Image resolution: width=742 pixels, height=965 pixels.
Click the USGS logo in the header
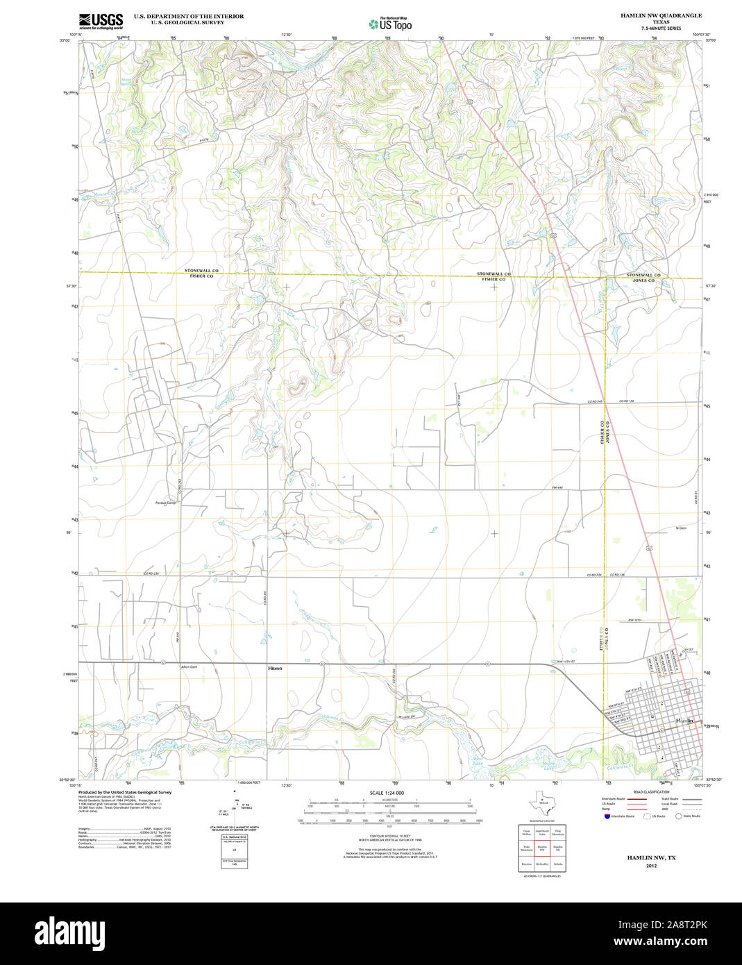pos(101,20)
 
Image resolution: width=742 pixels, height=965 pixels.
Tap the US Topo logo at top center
pos(390,24)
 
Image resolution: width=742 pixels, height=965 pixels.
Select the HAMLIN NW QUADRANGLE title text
pos(651,15)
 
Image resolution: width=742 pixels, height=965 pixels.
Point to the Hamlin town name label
pos(684,721)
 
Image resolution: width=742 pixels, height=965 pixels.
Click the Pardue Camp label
pos(165,503)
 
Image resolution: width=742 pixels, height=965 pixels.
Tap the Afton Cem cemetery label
pos(189,667)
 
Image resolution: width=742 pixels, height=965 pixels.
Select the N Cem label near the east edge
pos(681,529)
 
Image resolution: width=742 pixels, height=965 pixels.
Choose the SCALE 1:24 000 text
pos(387,793)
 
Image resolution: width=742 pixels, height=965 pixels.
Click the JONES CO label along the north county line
pos(642,280)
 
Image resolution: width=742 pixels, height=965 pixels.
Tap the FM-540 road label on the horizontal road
pos(557,487)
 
